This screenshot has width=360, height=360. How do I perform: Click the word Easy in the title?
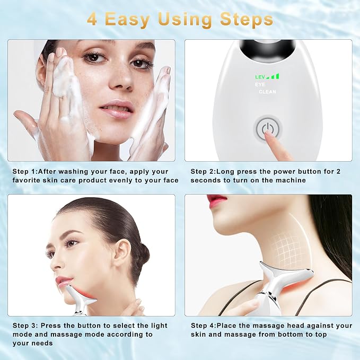(127, 20)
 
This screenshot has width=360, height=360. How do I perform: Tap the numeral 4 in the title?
(92, 19)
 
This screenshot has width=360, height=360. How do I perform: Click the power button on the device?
(267, 128)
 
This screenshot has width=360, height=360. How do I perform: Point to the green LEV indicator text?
(260, 77)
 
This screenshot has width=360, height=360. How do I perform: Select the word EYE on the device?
(260, 84)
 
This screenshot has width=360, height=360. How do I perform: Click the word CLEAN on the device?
(267, 92)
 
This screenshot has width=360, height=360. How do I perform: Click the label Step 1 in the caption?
(24, 171)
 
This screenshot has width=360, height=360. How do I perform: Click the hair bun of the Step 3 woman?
(142, 254)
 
